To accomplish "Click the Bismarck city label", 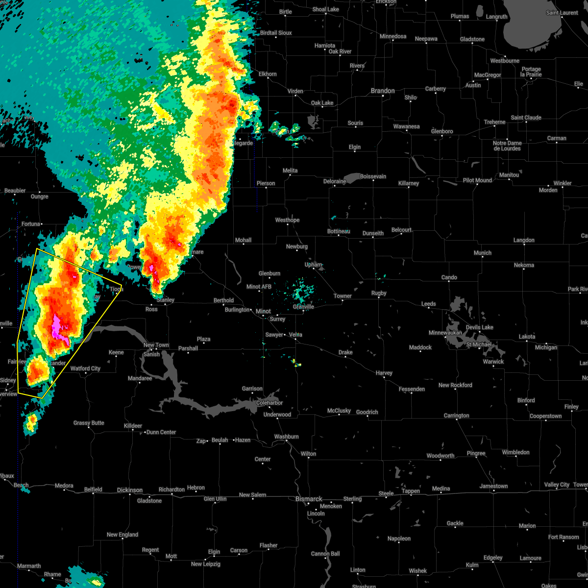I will pyautogui.click(x=309, y=499).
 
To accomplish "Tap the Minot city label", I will pyautogui.click(x=263, y=311).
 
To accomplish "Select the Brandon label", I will pyautogui.click(x=383, y=91).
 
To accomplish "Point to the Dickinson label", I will pyautogui.click(x=130, y=490).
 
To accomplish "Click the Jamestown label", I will pyautogui.click(x=494, y=486).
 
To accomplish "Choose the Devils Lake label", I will pyautogui.click(x=480, y=327).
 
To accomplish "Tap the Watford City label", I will pyautogui.click(x=85, y=368).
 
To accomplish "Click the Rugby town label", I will pyautogui.click(x=379, y=293).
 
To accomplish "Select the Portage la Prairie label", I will pyautogui.click(x=531, y=72).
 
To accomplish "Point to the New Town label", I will pyautogui.click(x=156, y=345).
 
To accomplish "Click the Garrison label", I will pyautogui.click(x=252, y=389).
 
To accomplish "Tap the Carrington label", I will pyautogui.click(x=456, y=416).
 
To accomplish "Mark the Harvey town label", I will pyautogui.click(x=384, y=373).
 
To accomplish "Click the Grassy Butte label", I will pyautogui.click(x=89, y=423).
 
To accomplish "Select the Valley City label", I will pyautogui.click(x=557, y=485).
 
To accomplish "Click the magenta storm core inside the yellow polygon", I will pyautogui.click(x=57, y=328).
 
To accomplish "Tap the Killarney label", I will pyautogui.click(x=408, y=183).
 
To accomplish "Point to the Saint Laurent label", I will pyautogui.click(x=562, y=13).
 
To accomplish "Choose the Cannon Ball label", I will pyautogui.click(x=325, y=554).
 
